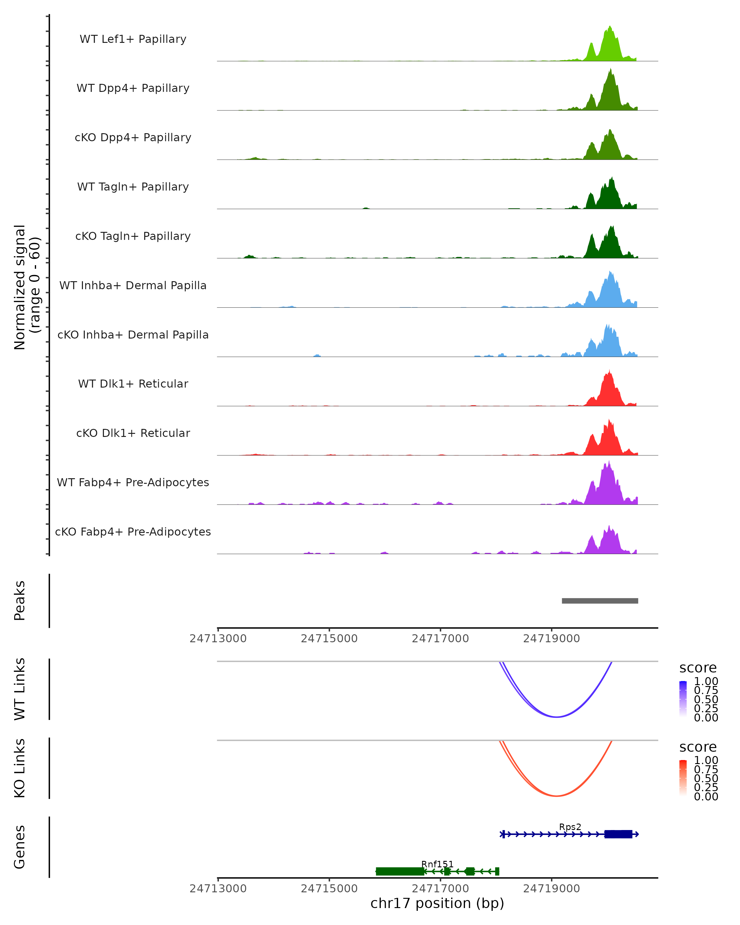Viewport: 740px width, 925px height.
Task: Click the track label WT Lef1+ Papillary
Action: click(133, 39)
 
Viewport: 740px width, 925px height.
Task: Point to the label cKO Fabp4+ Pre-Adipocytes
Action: click(133, 532)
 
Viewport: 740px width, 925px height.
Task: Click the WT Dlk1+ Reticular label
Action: click(133, 384)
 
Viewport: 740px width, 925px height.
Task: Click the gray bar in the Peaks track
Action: click(600, 601)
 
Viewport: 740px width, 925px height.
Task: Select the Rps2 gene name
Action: click(570, 827)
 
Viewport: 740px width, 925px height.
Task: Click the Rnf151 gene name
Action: click(437, 864)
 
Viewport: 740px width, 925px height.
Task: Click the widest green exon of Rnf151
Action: click(400, 871)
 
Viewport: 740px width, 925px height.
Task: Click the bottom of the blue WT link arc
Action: click(556, 717)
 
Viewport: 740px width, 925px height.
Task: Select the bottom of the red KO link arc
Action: click(556, 795)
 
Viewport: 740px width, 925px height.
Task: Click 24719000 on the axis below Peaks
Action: click(551, 639)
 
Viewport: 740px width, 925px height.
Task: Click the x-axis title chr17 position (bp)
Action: click(437, 903)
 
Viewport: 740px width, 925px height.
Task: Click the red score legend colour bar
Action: click(683, 777)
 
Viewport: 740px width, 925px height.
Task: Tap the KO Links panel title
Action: click(20, 768)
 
